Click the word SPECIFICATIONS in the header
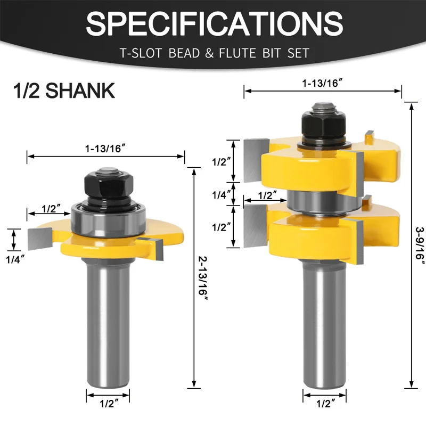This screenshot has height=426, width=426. click(215, 23)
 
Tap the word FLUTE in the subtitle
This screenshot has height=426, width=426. click(237, 53)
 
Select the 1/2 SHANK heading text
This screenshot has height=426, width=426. click(64, 91)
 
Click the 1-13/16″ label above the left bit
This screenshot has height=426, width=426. click(105, 149)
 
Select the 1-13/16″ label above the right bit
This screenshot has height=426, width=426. click(323, 83)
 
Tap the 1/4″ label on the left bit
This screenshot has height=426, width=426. click(15, 260)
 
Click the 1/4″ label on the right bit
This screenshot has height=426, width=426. click(222, 195)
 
